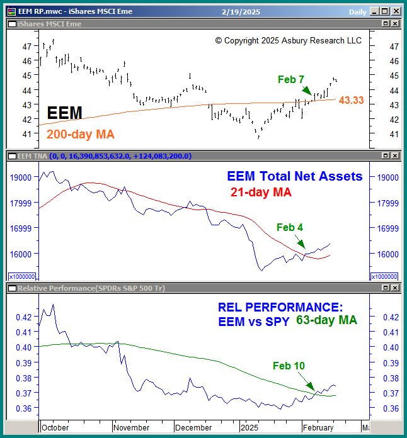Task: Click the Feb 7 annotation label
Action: [x=291, y=79]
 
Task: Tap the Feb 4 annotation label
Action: [x=290, y=227]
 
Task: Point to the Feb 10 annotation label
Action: [x=289, y=366]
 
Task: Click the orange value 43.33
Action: [x=351, y=100]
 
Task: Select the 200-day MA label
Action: [x=79, y=134]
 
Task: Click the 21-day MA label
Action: [x=260, y=193]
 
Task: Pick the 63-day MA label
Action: [x=326, y=320]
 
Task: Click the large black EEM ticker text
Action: [x=65, y=113]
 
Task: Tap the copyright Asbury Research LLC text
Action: [x=289, y=40]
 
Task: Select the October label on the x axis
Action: [x=55, y=427]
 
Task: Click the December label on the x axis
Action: [x=193, y=427]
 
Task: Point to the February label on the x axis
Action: [x=318, y=427]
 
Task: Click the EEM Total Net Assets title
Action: [x=295, y=177]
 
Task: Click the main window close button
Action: [x=395, y=11]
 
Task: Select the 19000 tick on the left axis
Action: [x=22, y=177]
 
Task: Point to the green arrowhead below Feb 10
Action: [x=312, y=389]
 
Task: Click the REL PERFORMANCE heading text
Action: [x=280, y=307]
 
